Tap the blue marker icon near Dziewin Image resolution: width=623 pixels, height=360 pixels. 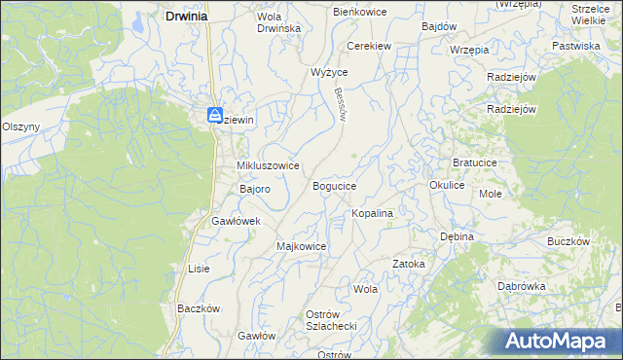(x=215, y=115)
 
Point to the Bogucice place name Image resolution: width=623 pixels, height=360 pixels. (x=334, y=185)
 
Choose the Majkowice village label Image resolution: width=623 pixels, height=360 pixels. (x=301, y=246)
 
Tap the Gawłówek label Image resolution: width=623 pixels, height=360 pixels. (x=237, y=221)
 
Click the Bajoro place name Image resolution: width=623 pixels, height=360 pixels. (x=247, y=189)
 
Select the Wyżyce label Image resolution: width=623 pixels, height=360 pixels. (x=329, y=72)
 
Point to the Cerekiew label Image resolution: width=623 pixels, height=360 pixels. (x=370, y=46)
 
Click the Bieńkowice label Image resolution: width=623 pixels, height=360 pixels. (x=360, y=12)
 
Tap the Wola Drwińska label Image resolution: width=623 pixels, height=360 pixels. (x=278, y=22)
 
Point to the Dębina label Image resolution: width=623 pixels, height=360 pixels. (x=456, y=236)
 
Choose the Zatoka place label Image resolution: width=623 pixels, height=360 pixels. (x=409, y=264)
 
